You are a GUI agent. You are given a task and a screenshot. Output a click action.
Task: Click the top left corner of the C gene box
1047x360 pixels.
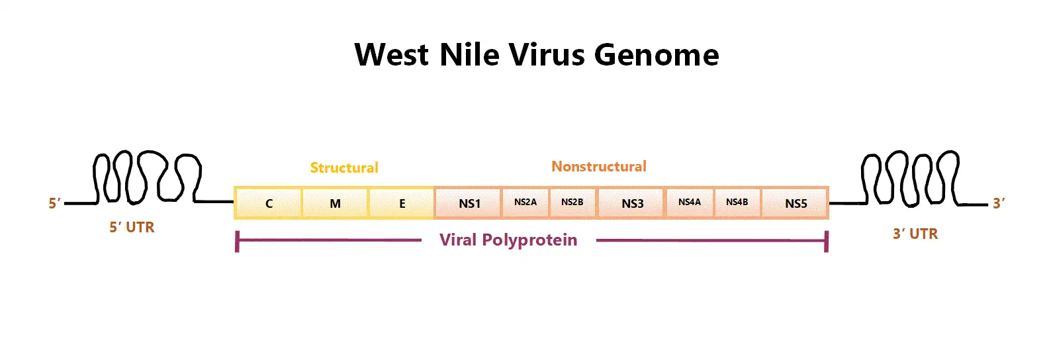tap(234, 187)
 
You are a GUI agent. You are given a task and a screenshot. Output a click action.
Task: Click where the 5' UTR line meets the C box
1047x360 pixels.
tap(234, 202)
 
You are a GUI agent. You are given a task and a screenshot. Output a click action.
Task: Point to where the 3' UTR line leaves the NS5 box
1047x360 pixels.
tap(829, 203)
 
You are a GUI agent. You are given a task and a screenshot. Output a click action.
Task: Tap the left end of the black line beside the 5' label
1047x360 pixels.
tap(64, 203)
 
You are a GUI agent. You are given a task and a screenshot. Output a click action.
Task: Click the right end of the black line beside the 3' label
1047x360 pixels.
tap(987, 204)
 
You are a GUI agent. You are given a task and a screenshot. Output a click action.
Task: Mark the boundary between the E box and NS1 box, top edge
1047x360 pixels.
tap(434, 187)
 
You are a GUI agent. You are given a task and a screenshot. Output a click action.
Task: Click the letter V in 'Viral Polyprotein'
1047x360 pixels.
tap(445, 240)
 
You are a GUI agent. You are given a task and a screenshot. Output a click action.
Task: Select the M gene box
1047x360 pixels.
tap(335, 203)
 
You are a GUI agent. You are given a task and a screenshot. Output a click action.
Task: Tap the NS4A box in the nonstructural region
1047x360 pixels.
tap(690, 203)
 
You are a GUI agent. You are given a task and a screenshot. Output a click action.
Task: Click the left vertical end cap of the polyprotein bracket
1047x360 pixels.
tap(238, 242)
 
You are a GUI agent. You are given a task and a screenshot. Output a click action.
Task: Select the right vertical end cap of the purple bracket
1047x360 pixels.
tap(827, 242)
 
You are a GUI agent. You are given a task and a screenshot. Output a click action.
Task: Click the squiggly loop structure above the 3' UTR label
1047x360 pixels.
tap(911, 179)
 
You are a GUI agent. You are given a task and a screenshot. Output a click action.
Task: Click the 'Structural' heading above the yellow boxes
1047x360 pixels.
tap(344, 167)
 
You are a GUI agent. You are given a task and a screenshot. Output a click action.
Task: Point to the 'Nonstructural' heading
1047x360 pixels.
tap(599, 166)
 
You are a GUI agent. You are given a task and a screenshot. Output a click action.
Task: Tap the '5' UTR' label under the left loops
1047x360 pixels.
tap(132, 227)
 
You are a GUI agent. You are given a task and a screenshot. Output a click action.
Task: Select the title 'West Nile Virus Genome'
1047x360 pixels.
tap(537, 55)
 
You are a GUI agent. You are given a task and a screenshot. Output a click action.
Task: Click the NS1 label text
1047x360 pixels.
tap(470, 203)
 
